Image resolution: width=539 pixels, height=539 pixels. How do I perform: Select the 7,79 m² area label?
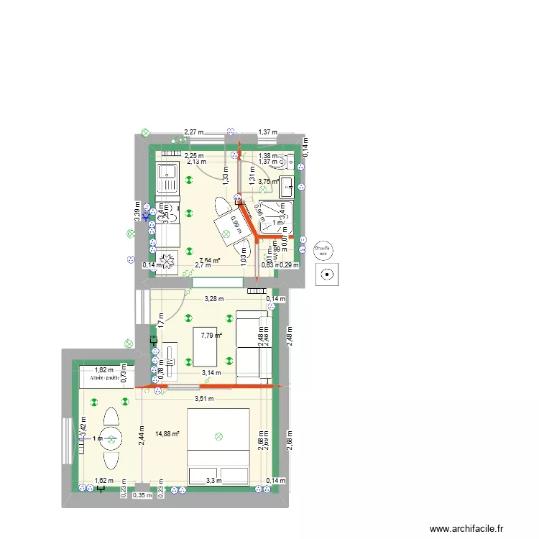[211, 335]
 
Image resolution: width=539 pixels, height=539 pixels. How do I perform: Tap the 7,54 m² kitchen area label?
[209, 261]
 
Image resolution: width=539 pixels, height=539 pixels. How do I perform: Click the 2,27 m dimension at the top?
[194, 132]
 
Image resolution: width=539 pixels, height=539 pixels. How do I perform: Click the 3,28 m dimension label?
[214, 299]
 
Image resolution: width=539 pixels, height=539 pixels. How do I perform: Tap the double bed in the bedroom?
[218, 446]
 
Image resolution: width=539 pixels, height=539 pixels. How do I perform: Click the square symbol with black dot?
[328, 273]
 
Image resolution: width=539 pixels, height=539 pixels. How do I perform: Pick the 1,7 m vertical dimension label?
[161, 321]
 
